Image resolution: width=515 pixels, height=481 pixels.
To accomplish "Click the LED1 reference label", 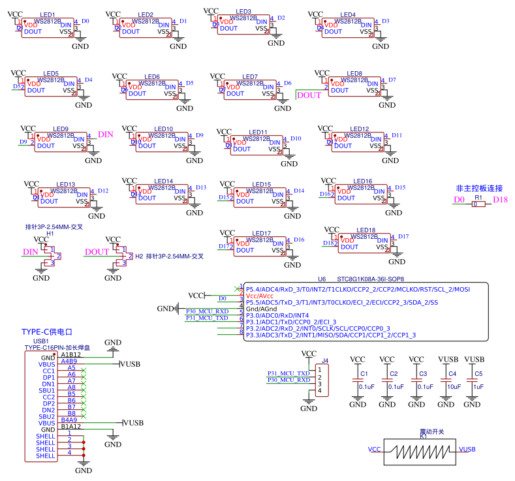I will pyautogui.click(x=47, y=14).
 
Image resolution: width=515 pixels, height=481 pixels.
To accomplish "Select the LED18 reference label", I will pyautogui.click(x=366, y=230).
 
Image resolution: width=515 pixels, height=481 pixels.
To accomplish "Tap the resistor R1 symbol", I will pyautogui.click(x=478, y=204).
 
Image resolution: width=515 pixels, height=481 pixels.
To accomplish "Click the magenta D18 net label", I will pyautogui.click(x=501, y=200).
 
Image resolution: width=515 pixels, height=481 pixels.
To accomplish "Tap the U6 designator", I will pyautogui.click(x=321, y=279).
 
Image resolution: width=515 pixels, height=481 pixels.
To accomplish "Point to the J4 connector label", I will pyautogui.click(x=324, y=360).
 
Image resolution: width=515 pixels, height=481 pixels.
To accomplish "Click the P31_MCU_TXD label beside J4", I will pyautogui.click(x=289, y=373).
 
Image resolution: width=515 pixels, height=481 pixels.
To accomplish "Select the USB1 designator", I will pyautogui.click(x=41, y=341).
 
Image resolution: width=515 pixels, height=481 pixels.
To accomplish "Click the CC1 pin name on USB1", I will pyautogui.click(x=48, y=371).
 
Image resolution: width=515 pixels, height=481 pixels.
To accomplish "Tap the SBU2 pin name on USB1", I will pyautogui.click(x=47, y=416).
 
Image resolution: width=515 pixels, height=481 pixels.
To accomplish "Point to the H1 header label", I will pyautogui.click(x=50, y=233).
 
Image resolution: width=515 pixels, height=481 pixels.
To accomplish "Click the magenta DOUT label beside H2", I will pyautogui.click(x=97, y=252).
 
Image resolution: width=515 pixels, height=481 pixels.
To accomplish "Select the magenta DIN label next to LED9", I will pyautogui.click(x=106, y=134).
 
